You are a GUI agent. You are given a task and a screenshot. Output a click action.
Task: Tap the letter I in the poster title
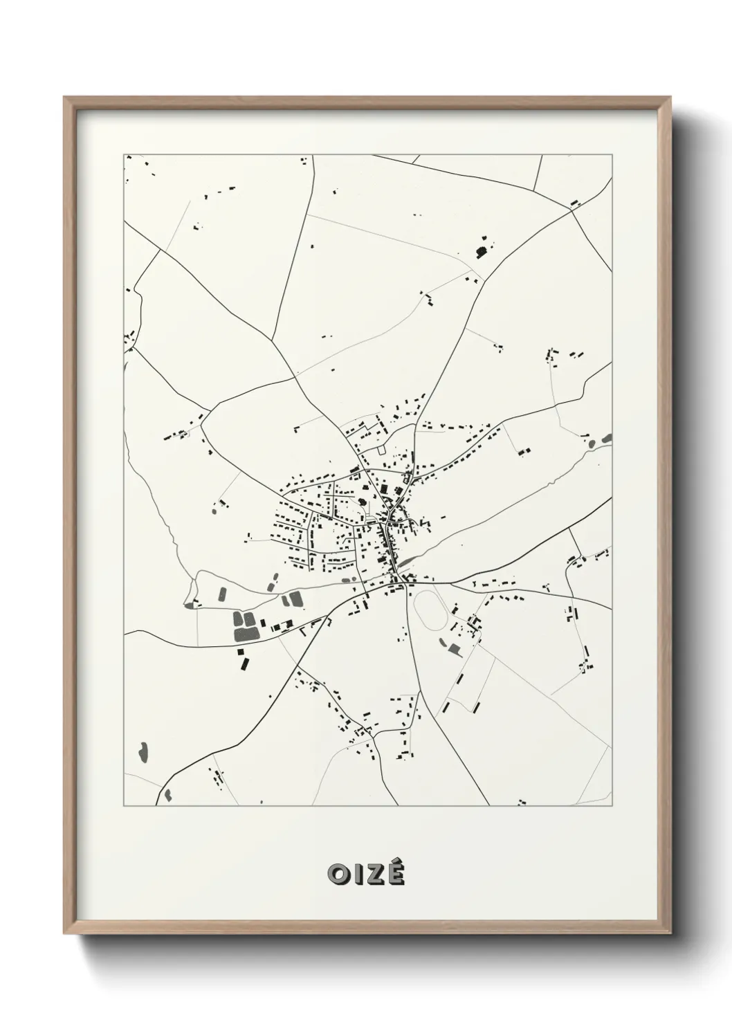[358, 875]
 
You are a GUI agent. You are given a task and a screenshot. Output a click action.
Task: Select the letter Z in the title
[375, 875]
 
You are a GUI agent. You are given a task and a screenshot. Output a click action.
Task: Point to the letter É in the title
[396, 875]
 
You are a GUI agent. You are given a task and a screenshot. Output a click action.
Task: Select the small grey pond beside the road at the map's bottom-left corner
[167, 793]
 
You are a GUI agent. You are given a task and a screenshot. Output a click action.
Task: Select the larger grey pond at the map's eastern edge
[607, 437]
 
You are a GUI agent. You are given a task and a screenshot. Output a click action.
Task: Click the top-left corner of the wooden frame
[64, 98]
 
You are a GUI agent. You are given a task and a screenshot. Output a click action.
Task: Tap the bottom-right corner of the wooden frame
[671, 936]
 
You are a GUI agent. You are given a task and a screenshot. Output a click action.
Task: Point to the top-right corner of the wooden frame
[671, 98]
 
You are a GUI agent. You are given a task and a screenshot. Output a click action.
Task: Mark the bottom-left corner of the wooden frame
[64, 936]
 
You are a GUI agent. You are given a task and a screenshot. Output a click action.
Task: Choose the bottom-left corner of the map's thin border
[124, 805]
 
